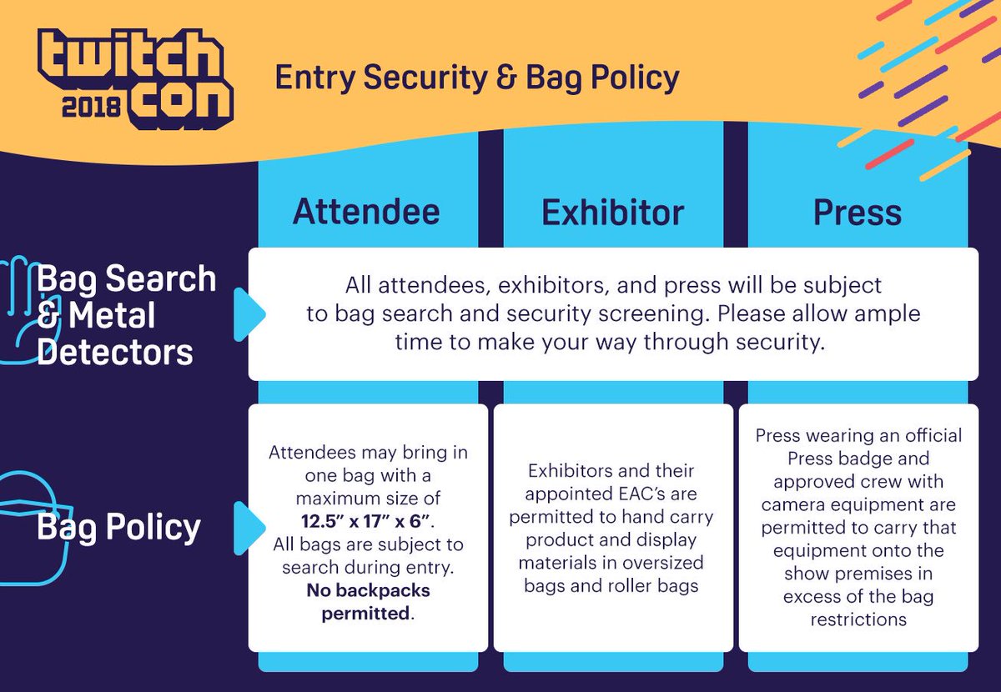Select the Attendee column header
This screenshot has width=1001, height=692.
coord(366,212)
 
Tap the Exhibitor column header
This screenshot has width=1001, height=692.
coord(612,212)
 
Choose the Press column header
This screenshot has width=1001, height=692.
coord(858,212)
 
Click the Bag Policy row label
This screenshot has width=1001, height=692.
coord(119,527)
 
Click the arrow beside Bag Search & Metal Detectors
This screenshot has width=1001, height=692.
coord(249,315)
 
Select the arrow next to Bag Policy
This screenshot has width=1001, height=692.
coord(249,527)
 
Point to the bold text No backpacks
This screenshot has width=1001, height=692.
coord(367,592)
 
